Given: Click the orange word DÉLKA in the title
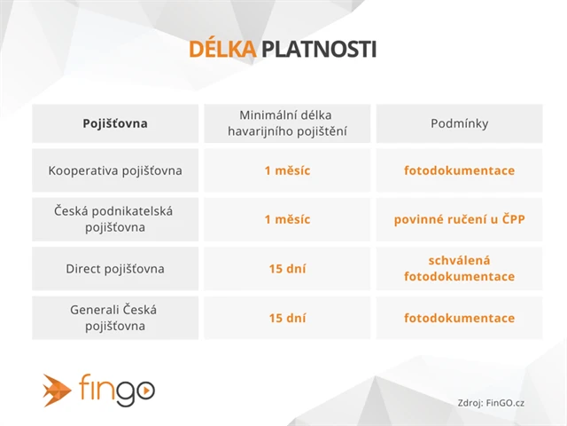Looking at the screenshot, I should [221, 50].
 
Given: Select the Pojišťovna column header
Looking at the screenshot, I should [115, 123].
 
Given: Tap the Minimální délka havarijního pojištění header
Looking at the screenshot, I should [287, 123].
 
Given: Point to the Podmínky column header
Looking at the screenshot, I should [459, 123].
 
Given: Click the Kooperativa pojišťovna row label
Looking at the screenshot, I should [115, 170].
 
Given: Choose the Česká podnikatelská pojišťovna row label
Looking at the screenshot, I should [115, 219].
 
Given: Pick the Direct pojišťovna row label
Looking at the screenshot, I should [115, 268].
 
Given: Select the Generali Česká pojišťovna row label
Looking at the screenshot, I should [115, 318].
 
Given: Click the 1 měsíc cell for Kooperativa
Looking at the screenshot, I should [287, 170].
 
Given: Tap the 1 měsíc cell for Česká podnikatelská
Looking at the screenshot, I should [287, 219].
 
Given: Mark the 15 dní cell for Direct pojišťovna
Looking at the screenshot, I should [287, 268].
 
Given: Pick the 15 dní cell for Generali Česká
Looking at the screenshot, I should [287, 318].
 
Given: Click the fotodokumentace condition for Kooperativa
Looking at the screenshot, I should [459, 170].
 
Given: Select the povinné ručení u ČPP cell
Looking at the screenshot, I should [459, 219].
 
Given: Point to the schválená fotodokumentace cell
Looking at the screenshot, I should [459, 268].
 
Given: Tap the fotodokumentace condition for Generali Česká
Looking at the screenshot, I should [459, 318].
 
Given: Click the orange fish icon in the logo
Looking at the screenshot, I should [58, 389].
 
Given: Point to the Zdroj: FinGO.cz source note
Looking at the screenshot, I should [492, 402].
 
